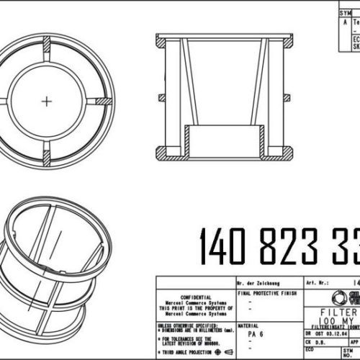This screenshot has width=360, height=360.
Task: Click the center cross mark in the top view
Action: [48, 102]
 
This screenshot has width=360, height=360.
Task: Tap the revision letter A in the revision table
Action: [345, 22]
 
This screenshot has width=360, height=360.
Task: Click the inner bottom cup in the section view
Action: [224, 140]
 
